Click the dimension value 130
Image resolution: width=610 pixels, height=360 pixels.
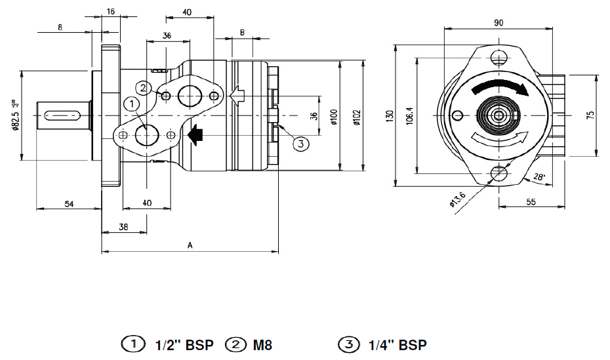(390, 117)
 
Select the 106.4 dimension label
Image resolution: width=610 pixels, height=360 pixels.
(410, 117)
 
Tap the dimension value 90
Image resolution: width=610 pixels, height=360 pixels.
(498, 23)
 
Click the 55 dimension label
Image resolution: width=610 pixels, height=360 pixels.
(531, 202)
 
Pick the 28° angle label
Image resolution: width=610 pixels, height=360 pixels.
(539, 176)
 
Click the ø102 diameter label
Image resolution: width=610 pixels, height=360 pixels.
(356, 117)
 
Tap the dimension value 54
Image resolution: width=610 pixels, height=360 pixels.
(69, 204)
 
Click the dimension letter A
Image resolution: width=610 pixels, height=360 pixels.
(190, 245)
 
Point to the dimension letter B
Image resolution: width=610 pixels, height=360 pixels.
(242, 31)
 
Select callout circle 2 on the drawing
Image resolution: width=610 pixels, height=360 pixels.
(144, 87)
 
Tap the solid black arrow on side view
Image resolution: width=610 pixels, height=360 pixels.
(195, 134)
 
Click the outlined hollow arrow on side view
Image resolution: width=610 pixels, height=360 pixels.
(237, 96)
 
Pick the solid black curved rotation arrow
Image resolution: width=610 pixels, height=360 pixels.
(501, 88)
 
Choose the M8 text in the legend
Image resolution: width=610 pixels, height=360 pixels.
(262, 345)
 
